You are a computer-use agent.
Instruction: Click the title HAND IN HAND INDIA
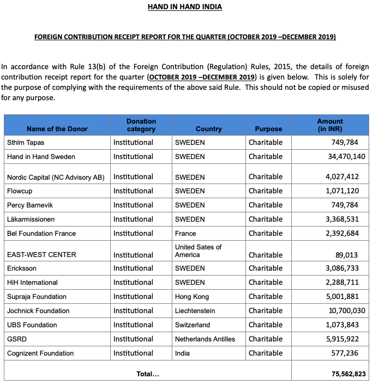click(185, 7)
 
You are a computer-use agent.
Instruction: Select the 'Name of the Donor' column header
click(57, 129)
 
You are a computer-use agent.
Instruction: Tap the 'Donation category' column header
click(141, 125)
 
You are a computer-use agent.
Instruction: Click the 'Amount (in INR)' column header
click(330, 125)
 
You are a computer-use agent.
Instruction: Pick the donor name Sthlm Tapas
click(26, 142)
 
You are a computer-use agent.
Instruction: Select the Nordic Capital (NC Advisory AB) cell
click(56, 177)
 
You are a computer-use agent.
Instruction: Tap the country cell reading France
click(185, 234)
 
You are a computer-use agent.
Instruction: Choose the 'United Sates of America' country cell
click(198, 251)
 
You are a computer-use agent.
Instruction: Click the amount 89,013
click(351, 254)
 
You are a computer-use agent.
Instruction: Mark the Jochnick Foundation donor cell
click(38, 311)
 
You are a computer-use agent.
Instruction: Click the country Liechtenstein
click(195, 311)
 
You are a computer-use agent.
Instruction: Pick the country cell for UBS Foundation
click(192, 325)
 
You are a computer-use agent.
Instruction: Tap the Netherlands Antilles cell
click(205, 339)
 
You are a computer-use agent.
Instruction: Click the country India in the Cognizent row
click(183, 353)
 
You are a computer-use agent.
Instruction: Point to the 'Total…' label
click(148, 374)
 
